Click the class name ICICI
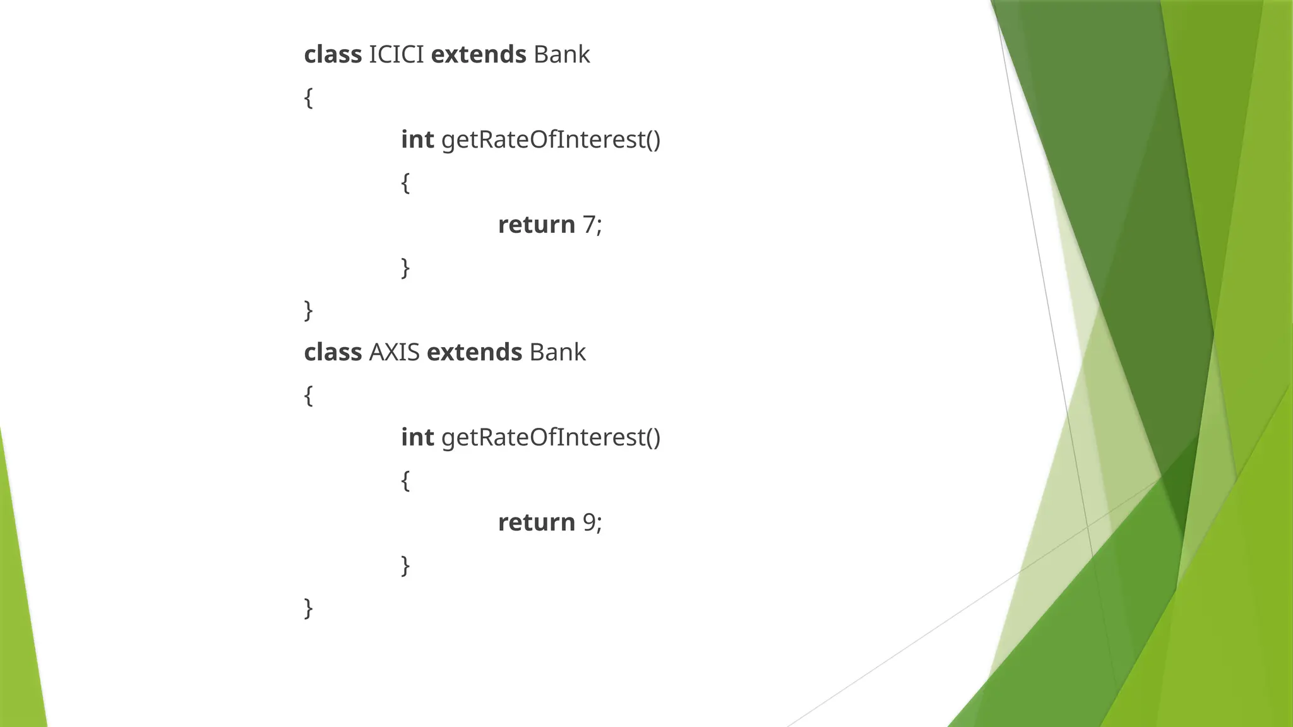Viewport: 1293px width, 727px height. click(x=396, y=55)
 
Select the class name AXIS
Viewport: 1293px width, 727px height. click(x=394, y=352)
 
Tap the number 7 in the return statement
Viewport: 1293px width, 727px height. click(x=588, y=225)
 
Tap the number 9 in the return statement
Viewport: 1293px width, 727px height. click(x=588, y=523)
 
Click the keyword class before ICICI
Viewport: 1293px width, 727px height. click(x=333, y=55)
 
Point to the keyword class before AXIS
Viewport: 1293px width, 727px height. click(x=333, y=352)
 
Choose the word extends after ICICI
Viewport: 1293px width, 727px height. click(x=478, y=55)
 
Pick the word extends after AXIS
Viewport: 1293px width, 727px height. click(x=474, y=352)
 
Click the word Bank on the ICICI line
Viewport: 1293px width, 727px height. click(x=561, y=55)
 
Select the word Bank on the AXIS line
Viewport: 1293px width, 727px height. click(x=557, y=352)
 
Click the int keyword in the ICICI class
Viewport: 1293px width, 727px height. click(x=417, y=139)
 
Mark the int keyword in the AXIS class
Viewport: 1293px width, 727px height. click(x=417, y=437)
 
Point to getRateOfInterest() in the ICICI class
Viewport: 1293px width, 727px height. click(x=551, y=139)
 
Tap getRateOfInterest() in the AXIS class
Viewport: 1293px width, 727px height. click(x=551, y=437)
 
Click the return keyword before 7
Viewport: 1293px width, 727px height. click(x=536, y=225)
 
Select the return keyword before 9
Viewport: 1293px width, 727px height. click(x=536, y=523)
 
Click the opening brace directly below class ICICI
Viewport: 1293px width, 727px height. click(x=309, y=98)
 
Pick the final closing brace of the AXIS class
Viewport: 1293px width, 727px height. click(x=309, y=608)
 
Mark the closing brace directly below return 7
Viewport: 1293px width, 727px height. click(x=405, y=268)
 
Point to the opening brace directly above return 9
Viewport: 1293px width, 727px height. click(x=405, y=480)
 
